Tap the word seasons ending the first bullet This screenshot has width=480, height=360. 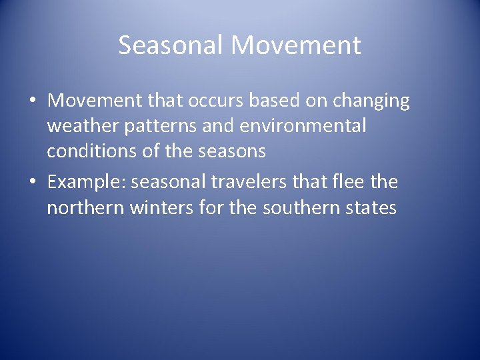233,151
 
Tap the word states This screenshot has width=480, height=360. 371,207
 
